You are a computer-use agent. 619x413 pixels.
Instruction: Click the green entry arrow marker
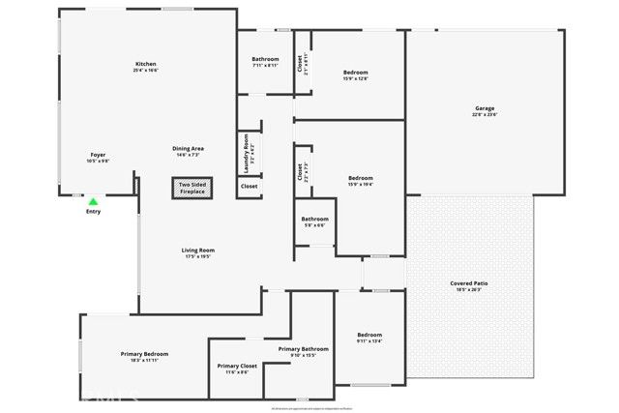point(93,201)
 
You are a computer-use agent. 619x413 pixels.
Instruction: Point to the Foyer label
point(98,155)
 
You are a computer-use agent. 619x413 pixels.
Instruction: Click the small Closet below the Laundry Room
point(249,186)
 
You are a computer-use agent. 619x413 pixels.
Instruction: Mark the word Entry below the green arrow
point(93,211)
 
